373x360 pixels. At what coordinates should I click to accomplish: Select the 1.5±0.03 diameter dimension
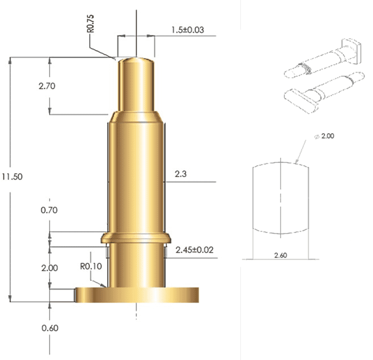coord(187,30)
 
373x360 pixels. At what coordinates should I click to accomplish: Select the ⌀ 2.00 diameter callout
coord(324,137)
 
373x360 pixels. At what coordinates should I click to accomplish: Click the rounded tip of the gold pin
coord(136,61)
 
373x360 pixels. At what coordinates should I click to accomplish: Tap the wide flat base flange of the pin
coord(137,294)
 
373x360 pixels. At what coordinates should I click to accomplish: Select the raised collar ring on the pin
coord(136,238)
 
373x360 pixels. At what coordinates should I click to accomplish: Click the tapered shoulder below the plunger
coord(136,116)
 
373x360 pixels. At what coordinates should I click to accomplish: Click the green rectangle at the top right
coord(307,15)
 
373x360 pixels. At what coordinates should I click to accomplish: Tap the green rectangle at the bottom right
coord(307,313)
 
